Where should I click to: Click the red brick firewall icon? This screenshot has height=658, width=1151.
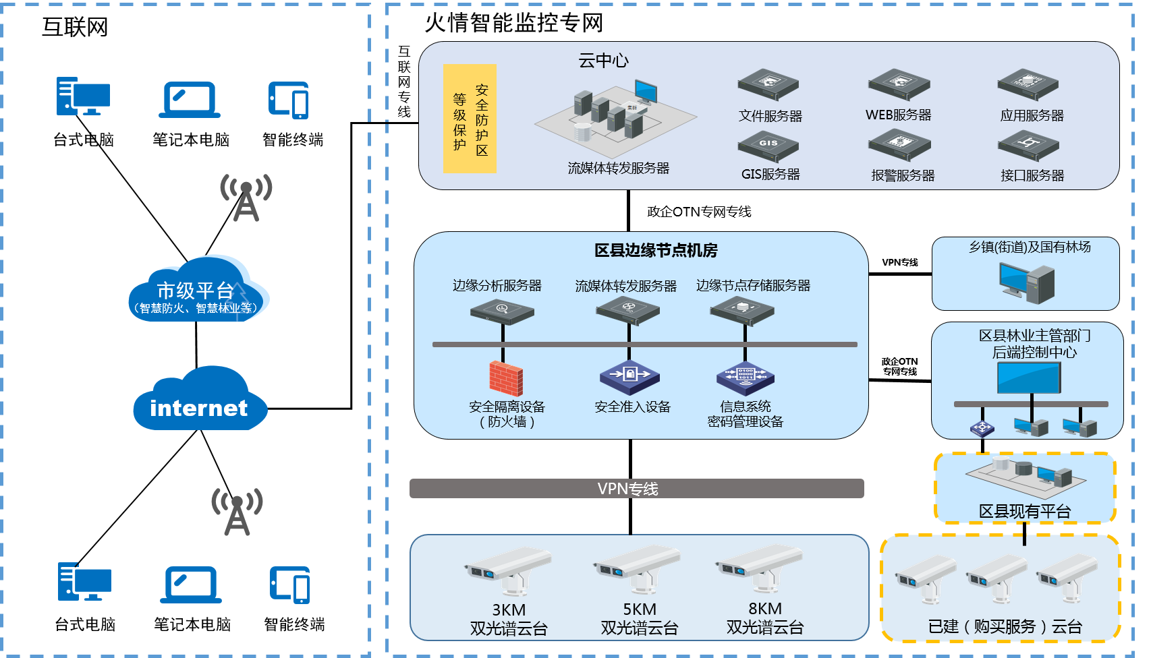(506, 378)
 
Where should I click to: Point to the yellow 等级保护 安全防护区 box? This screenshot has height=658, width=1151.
(470, 119)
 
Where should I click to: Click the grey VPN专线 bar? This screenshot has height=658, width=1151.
(636, 489)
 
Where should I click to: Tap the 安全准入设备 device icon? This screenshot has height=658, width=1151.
(629, 376)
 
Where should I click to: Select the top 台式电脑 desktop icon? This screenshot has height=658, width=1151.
(83, 96)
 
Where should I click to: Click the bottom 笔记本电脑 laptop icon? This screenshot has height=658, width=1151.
(191, 585)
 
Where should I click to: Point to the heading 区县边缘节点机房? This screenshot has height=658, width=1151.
(656, 251)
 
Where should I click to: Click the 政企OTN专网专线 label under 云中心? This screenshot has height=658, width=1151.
(699, 212)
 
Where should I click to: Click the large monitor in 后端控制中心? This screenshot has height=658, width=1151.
(1029, 378)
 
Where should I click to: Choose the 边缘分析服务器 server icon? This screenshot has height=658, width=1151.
(502, 311)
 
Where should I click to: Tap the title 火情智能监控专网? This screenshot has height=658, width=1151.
(513, 23)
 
